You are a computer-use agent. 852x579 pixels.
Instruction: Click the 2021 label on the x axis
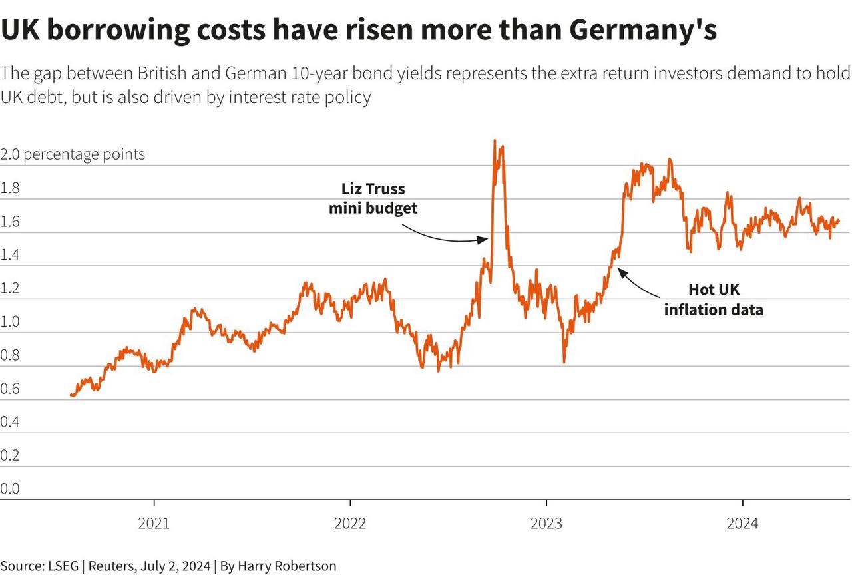(x=154, y=524)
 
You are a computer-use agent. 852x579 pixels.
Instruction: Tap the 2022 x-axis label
(x=350, y=524)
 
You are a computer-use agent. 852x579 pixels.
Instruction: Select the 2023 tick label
(x=546, y=524)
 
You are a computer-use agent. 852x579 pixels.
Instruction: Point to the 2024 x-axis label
(x=742, y=524)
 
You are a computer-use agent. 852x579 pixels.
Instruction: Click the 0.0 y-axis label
(x=10, y=489)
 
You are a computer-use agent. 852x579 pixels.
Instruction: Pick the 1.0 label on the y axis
(x=10, y=322)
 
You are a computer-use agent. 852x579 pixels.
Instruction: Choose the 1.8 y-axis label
(x=10, y=188)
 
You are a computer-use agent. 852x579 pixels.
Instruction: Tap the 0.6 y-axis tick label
(x=10, y=389)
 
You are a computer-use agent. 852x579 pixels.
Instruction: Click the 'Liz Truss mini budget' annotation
(x=373, y=198)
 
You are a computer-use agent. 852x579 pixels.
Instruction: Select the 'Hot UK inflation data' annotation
(x=714, y=299)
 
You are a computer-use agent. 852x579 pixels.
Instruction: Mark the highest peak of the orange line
(x=495, y=141)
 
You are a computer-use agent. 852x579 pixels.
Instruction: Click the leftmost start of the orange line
(x=71, y=395)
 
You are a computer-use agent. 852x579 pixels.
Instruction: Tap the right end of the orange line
(x=839, y=220)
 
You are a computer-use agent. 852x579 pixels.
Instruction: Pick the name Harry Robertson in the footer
(x=287, y=566)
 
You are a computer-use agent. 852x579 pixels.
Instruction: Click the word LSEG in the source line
(x=63, y=566)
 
